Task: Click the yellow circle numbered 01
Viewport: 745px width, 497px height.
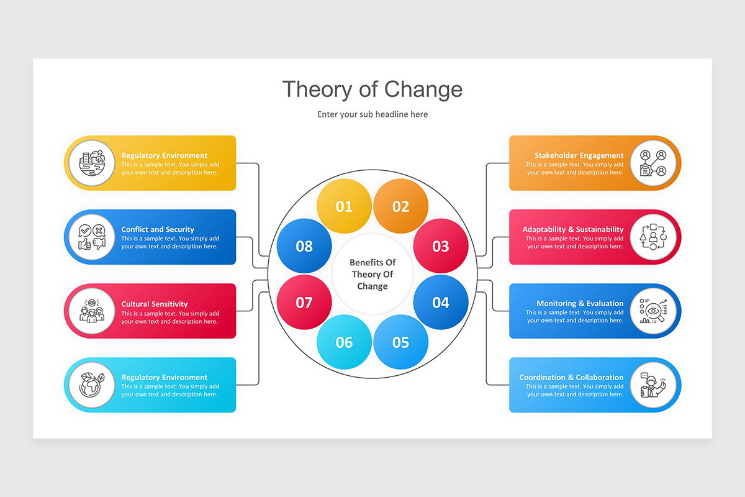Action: (x=344, y=206)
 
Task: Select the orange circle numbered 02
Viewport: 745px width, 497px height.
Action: (x=401, y=206)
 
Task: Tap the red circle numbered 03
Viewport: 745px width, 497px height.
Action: (x=441, y=246)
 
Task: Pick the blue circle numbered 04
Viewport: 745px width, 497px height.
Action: (x=441, y=303)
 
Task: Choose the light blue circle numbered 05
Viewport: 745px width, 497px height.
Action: (x=401, y=342)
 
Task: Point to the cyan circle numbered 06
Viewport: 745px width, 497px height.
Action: (x=344, y=342)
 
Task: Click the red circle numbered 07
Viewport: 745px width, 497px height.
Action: (x=304, y=303)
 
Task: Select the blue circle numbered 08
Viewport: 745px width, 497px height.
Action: (x=304, y=246)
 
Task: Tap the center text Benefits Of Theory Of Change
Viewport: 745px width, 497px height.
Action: (x=372, y=275)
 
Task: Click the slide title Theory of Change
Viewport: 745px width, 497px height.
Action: (x=372, y=89)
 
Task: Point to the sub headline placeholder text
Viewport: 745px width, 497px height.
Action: (x=372, y=114)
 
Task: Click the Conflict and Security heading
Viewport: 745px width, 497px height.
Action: (x=158, y=229)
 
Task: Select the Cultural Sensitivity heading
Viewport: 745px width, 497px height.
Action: (x=155, y=304)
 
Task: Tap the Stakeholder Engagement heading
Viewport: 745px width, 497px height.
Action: (x=579, y=155)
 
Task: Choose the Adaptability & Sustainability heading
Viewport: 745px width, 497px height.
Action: (x=572, y=229)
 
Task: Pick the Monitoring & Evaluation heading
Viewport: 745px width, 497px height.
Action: (x=580, y=303)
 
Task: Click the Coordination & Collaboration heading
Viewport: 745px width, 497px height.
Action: (x=571, y=377)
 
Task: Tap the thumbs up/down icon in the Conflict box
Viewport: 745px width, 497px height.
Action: (x=92, y=237)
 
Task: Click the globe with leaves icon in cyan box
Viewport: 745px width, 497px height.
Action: (x=92, y=385)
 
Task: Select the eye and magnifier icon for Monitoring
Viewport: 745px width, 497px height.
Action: (x=652, y=311)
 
